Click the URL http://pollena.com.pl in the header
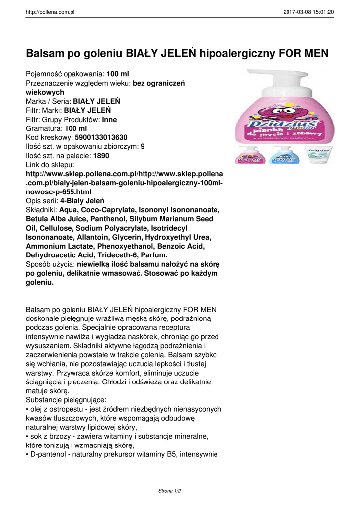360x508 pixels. pyautogui.click(x=50, y=12)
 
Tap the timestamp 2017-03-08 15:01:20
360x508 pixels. pyautogui.click(x=308, y=12)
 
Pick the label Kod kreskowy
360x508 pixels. pyautogui.click(x=49, y=137)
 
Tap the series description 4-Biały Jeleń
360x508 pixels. pyautogui.click(x=82, y=201)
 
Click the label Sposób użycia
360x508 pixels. pyautogui.click(x=50, y=264)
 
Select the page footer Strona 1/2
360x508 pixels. pyautogui.click(x=169, y=491)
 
